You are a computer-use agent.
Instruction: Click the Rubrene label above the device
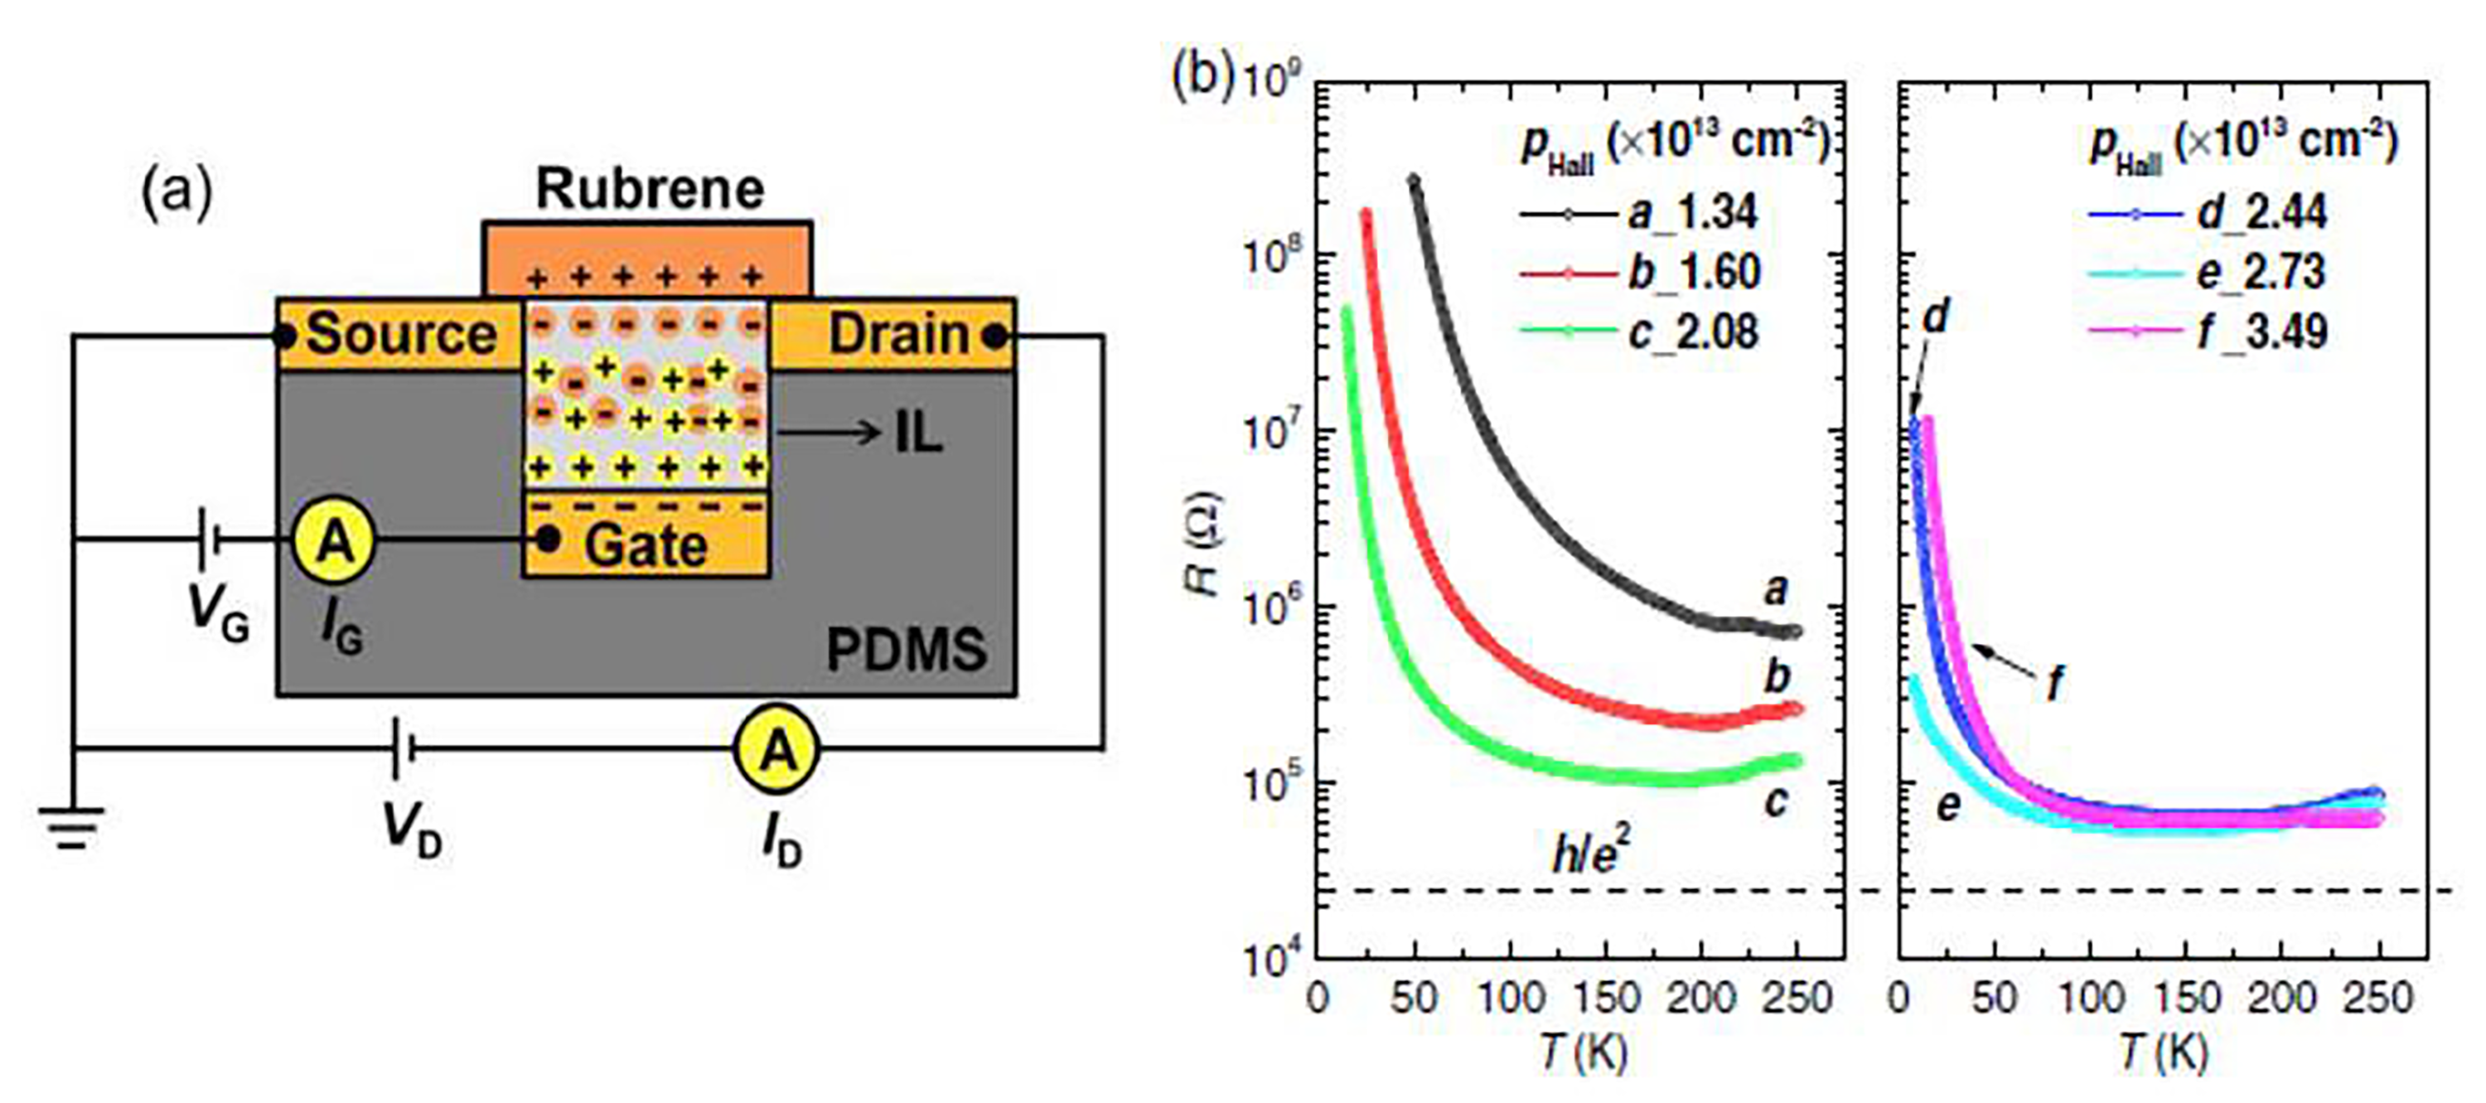(650, 189)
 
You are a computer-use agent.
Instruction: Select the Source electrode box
(399, 334)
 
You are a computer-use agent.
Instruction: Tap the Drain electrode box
(893, 334)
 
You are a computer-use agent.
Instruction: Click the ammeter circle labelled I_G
(334, 541)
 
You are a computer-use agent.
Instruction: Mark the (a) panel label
(177, 193)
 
